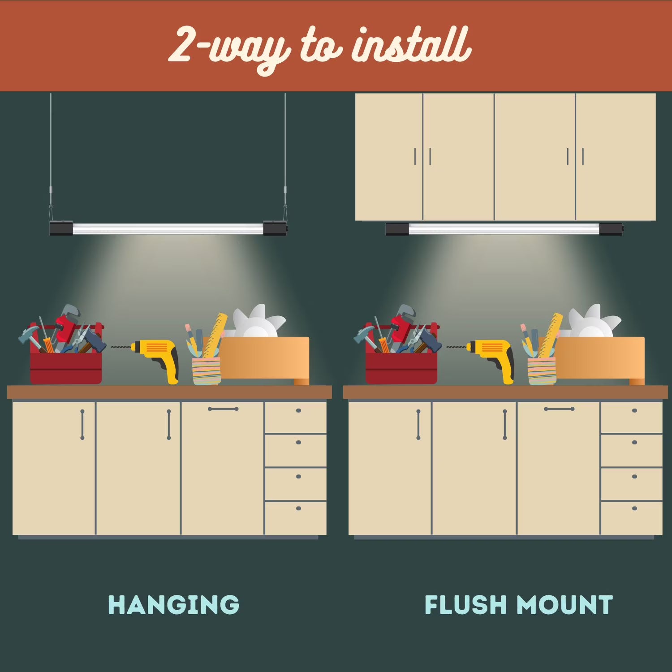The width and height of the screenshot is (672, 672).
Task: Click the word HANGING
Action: [x=173, y=605]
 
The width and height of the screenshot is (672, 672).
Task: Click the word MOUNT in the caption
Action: [x=565, y=605]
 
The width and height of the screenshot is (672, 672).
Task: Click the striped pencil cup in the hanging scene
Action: [x=207, y=371]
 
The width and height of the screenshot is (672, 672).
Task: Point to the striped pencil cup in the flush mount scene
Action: [x=542, y=371]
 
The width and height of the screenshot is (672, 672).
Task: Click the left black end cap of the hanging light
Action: [x=61, y=228]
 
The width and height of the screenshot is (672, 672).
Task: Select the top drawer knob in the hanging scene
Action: [x=298, y=410]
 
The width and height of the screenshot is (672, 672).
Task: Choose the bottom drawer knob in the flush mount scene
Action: [x=634, y=508]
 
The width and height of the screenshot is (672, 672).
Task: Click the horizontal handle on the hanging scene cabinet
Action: [x=223, y=409]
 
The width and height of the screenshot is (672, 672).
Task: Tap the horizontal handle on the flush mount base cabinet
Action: [x=559, y=409]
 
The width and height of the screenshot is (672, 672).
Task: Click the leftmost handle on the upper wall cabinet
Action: [x=415, y=156]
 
